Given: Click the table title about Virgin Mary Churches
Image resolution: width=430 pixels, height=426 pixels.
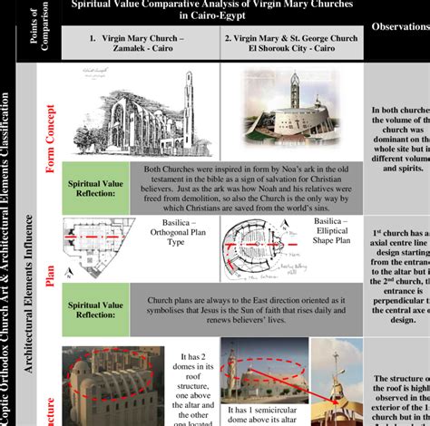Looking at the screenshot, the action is pyautogui.click(x=213, y=10).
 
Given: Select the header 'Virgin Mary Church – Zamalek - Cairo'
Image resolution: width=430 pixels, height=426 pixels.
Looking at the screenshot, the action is pyautogui.click(x=142, y=46).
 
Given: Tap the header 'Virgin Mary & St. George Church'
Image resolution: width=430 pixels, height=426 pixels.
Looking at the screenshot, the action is pyautogui.click(x=291, y=46).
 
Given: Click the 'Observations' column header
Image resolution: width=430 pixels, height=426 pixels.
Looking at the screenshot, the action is pyautogui.click(x=397, y=28).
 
